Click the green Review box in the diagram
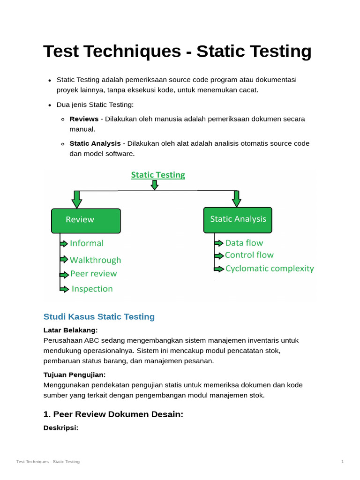coord(86,221)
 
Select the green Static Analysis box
coord(238,220)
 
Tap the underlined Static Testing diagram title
coord(158,175)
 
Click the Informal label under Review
coord(87,243)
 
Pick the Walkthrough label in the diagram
coord(95,260)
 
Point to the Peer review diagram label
coord(93,274)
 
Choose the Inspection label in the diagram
coord(92,289)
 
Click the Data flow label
coord(244,243)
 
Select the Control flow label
coord(249,255)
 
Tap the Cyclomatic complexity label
coord(269,269)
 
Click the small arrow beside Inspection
coord(65,289)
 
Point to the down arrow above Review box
coord(77,199)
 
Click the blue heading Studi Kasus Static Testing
coord(99,317)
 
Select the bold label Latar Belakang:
coord(70,330)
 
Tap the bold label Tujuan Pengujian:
coord(74,375)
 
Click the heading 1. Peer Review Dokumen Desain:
coord(113,414)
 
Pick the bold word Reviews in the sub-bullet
coord(84,119)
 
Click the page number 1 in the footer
coord(342,462)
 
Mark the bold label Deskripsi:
coord(60,427)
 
